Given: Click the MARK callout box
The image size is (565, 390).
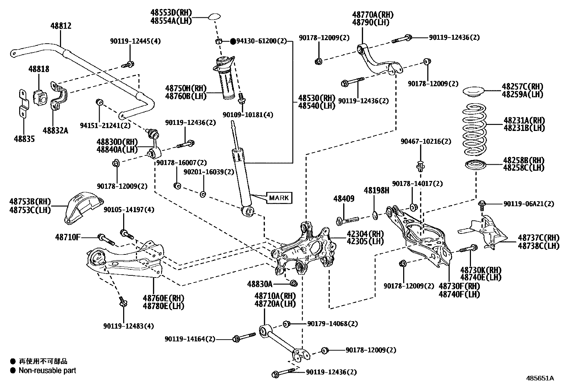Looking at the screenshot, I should click(279, 198).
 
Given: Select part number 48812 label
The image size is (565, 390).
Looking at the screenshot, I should click(61, 26).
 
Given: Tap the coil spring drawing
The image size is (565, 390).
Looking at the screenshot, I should click(474, 129).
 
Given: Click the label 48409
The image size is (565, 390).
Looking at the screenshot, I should click(344, 199).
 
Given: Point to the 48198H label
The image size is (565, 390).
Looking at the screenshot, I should click(376, 191).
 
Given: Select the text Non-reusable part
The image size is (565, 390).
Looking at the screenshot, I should click(47, 370).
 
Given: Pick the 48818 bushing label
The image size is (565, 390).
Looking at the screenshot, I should click(39, 69).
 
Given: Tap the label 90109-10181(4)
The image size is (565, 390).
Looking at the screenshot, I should click(248, 115).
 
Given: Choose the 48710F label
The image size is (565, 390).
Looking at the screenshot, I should click(68, 237).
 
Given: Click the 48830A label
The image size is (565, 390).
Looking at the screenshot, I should click(260, 284).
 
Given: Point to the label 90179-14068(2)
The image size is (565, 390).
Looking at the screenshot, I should click(333, 324).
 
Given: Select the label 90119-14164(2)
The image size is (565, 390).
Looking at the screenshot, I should click(190, 339).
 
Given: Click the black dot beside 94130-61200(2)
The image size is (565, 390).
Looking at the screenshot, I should click(233, 42).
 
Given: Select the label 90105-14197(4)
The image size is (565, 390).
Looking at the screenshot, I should click(129, 210).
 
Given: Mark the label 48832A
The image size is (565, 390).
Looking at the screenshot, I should click(55, 130).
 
